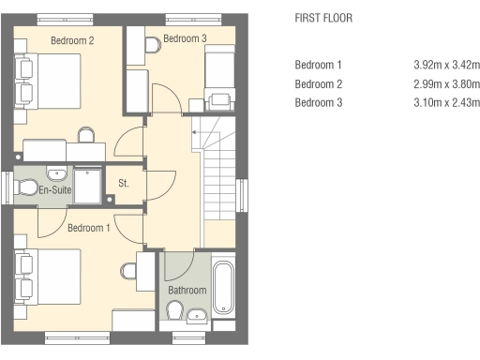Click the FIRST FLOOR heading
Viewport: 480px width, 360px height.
point(323,18)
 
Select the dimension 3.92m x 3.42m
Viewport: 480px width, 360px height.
point(447,65)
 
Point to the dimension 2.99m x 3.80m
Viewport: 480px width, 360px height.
point(447,84)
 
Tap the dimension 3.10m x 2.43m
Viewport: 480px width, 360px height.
point(447,102)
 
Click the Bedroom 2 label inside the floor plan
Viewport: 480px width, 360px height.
point(72,40)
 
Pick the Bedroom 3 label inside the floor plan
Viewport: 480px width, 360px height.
point(185,38)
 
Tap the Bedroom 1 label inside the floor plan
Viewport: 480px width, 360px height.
point(89,228)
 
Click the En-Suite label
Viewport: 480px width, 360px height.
point(55,189)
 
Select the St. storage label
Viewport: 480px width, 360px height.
point(124,183)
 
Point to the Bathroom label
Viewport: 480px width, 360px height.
point(187,290)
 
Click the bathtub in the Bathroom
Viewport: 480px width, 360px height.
point(223,287)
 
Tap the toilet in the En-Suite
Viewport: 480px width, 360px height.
point(26,187)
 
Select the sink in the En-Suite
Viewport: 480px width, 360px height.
point(56,173)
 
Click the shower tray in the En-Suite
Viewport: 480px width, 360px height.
point(87,186)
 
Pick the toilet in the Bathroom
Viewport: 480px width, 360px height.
point(174,310)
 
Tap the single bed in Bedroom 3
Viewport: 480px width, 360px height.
point(219,78)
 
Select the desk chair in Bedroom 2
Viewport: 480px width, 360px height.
point(86,135)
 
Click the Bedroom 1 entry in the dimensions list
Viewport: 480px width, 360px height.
point(318,65)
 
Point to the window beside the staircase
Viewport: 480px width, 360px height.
point(242,195)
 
